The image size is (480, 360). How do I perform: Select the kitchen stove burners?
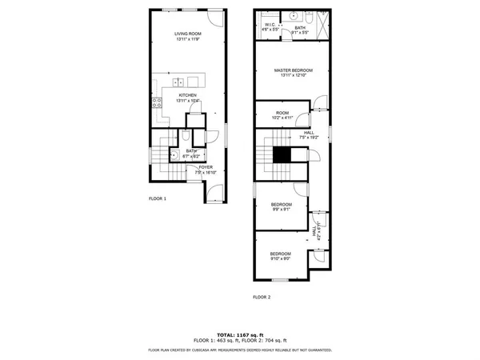(x=157, y=102)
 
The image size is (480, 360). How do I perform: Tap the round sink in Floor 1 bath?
(x=183, y=157)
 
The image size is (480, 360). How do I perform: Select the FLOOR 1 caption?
(x=157, y=198)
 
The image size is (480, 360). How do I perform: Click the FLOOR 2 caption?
(x=262, y=297)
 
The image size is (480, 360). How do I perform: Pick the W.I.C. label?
(x=270, y=25)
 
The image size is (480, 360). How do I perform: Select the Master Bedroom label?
(x=292, y=70)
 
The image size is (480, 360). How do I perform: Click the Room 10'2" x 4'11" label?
(x=282, y=114)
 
